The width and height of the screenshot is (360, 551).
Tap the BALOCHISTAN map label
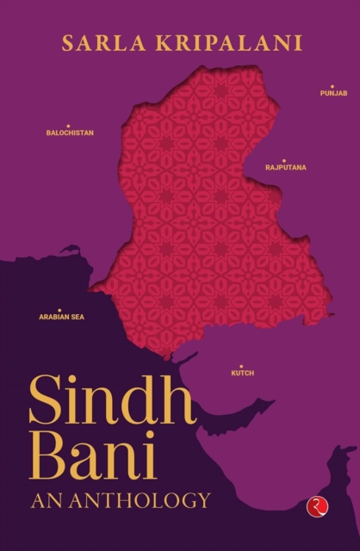[70, 133]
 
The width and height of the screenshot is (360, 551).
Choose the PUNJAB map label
[333, 92]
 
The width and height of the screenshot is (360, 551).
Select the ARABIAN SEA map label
[60, 317]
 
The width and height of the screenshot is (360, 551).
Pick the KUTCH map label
[242, 375]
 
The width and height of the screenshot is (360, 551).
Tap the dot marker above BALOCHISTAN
[68, 126]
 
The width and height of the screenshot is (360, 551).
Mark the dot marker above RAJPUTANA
[285, 158]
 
